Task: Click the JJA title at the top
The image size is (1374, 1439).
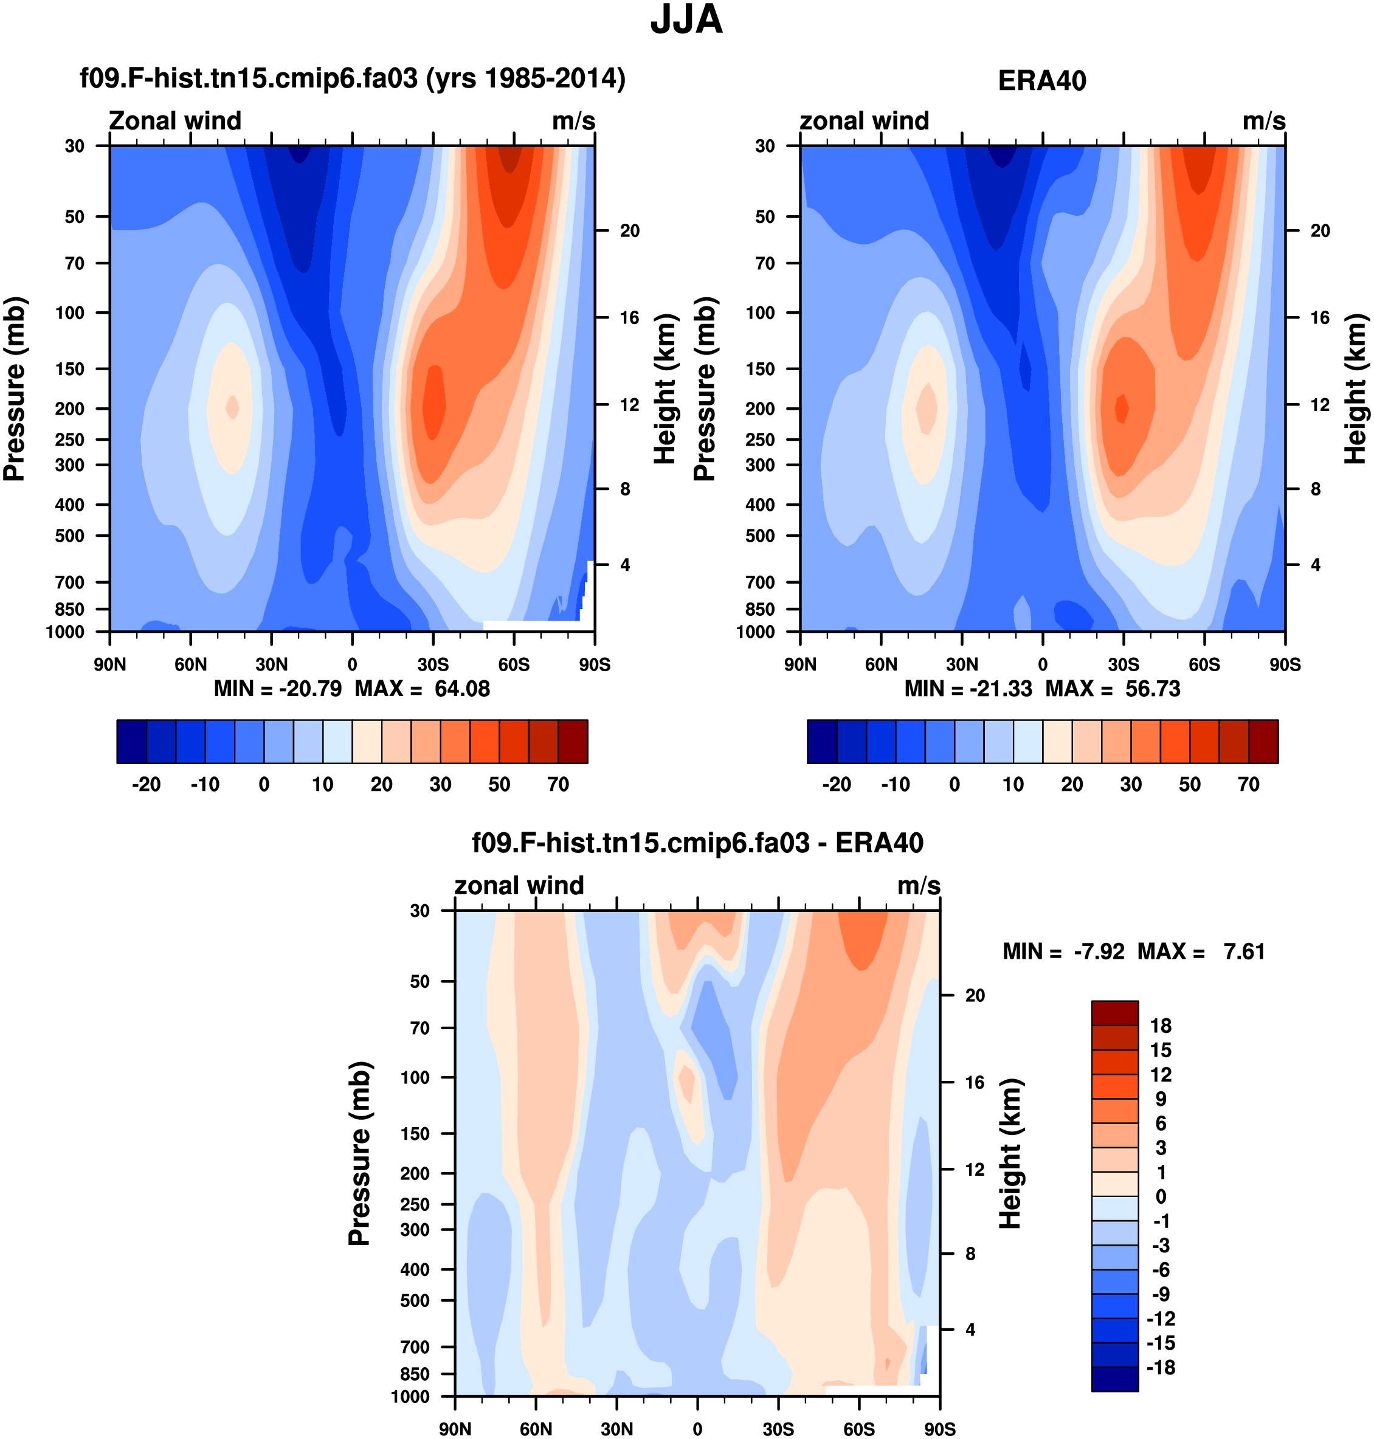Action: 686,20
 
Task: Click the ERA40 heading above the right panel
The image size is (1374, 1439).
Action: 1041,81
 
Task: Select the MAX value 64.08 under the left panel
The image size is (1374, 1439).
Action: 462,689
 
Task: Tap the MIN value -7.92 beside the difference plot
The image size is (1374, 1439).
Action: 1099,951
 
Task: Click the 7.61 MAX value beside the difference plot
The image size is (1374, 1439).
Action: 1245,951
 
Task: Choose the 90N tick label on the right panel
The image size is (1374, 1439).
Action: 801,665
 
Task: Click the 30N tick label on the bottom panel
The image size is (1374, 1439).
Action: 616,1429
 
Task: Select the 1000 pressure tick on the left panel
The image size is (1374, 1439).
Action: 65,632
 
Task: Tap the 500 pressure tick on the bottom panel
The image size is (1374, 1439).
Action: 415,1300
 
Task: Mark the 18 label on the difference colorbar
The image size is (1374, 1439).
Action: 1161,1026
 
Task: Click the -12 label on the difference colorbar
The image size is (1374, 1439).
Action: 1161,1319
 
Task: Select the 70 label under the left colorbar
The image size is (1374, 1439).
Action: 558,784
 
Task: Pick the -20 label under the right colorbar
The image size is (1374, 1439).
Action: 837,784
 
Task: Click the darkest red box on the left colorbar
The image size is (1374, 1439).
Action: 573,741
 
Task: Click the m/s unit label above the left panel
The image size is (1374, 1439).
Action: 573,121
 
